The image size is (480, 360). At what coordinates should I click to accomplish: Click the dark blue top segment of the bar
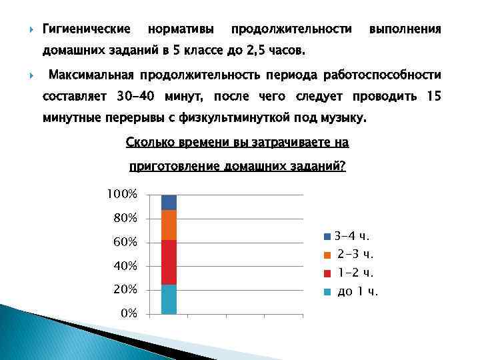tap(169, 202)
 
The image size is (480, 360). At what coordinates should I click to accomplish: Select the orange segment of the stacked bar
tap(169, 225)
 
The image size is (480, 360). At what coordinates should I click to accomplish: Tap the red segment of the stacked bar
tap(169, 262)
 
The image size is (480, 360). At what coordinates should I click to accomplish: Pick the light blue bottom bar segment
tap(169, 299)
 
